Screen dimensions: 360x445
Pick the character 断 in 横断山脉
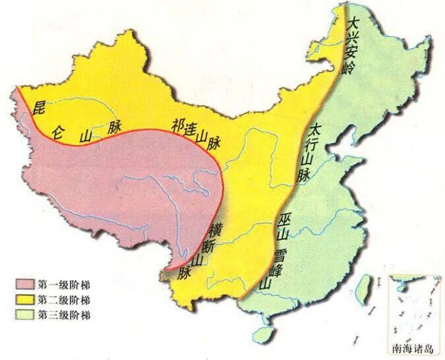(x=204, y=243)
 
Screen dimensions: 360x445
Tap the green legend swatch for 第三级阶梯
(x=24, y=315)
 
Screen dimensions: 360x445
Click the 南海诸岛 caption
(x=410, y=349)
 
